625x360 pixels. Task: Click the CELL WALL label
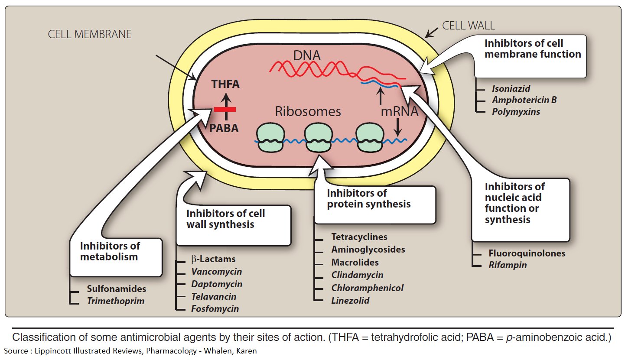point(469,26)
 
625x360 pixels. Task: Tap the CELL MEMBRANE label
point(90,34)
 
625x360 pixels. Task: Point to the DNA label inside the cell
point(306,55)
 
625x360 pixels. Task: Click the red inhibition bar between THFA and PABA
point(225,109)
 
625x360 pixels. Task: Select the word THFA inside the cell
point(225,84)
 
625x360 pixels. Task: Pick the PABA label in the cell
point(224,128)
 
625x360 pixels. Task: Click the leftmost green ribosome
point(270,138)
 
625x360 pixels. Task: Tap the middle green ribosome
point(319,138)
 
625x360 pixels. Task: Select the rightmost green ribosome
point(370,138)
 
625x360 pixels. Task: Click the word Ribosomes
point(308,111)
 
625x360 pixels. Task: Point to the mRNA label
point(400,111)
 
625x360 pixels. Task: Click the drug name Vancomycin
point(217,272)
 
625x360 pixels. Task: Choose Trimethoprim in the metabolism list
point(116,301)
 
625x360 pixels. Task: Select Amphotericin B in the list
point(524,100)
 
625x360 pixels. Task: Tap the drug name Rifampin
point(508,265)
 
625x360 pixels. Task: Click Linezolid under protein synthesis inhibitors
point(350,300)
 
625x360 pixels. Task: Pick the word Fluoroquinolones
point(527,253)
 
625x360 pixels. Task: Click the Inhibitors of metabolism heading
point(110,251)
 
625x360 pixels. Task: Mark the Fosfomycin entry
point(215,309)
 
